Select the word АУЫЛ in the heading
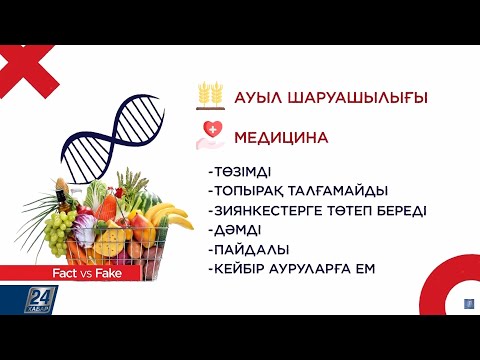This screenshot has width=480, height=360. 260,98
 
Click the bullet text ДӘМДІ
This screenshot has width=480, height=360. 233,229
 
